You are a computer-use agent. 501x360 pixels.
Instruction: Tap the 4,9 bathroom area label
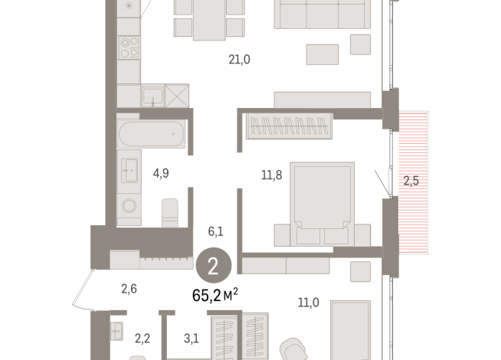161,173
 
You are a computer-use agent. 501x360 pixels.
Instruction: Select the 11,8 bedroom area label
272,175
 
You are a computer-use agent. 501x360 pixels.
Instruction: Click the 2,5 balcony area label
411,181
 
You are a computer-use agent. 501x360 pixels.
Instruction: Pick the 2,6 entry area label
129,289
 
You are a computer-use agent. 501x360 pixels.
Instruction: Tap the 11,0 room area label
308,303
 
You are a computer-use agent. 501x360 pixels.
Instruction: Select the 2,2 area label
142,337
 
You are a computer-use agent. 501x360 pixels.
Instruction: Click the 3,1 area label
192,337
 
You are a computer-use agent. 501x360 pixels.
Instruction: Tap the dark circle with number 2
212,267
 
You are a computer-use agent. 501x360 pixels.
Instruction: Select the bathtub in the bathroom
152,135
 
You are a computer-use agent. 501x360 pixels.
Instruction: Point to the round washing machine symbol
129,205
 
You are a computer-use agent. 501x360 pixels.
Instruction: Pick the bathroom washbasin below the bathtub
129,170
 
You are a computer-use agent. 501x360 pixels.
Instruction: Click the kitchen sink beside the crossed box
152,96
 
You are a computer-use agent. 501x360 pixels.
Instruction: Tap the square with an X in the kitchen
176,96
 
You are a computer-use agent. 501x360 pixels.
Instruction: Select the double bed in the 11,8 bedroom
322,201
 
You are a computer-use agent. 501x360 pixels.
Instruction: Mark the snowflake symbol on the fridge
128,5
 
